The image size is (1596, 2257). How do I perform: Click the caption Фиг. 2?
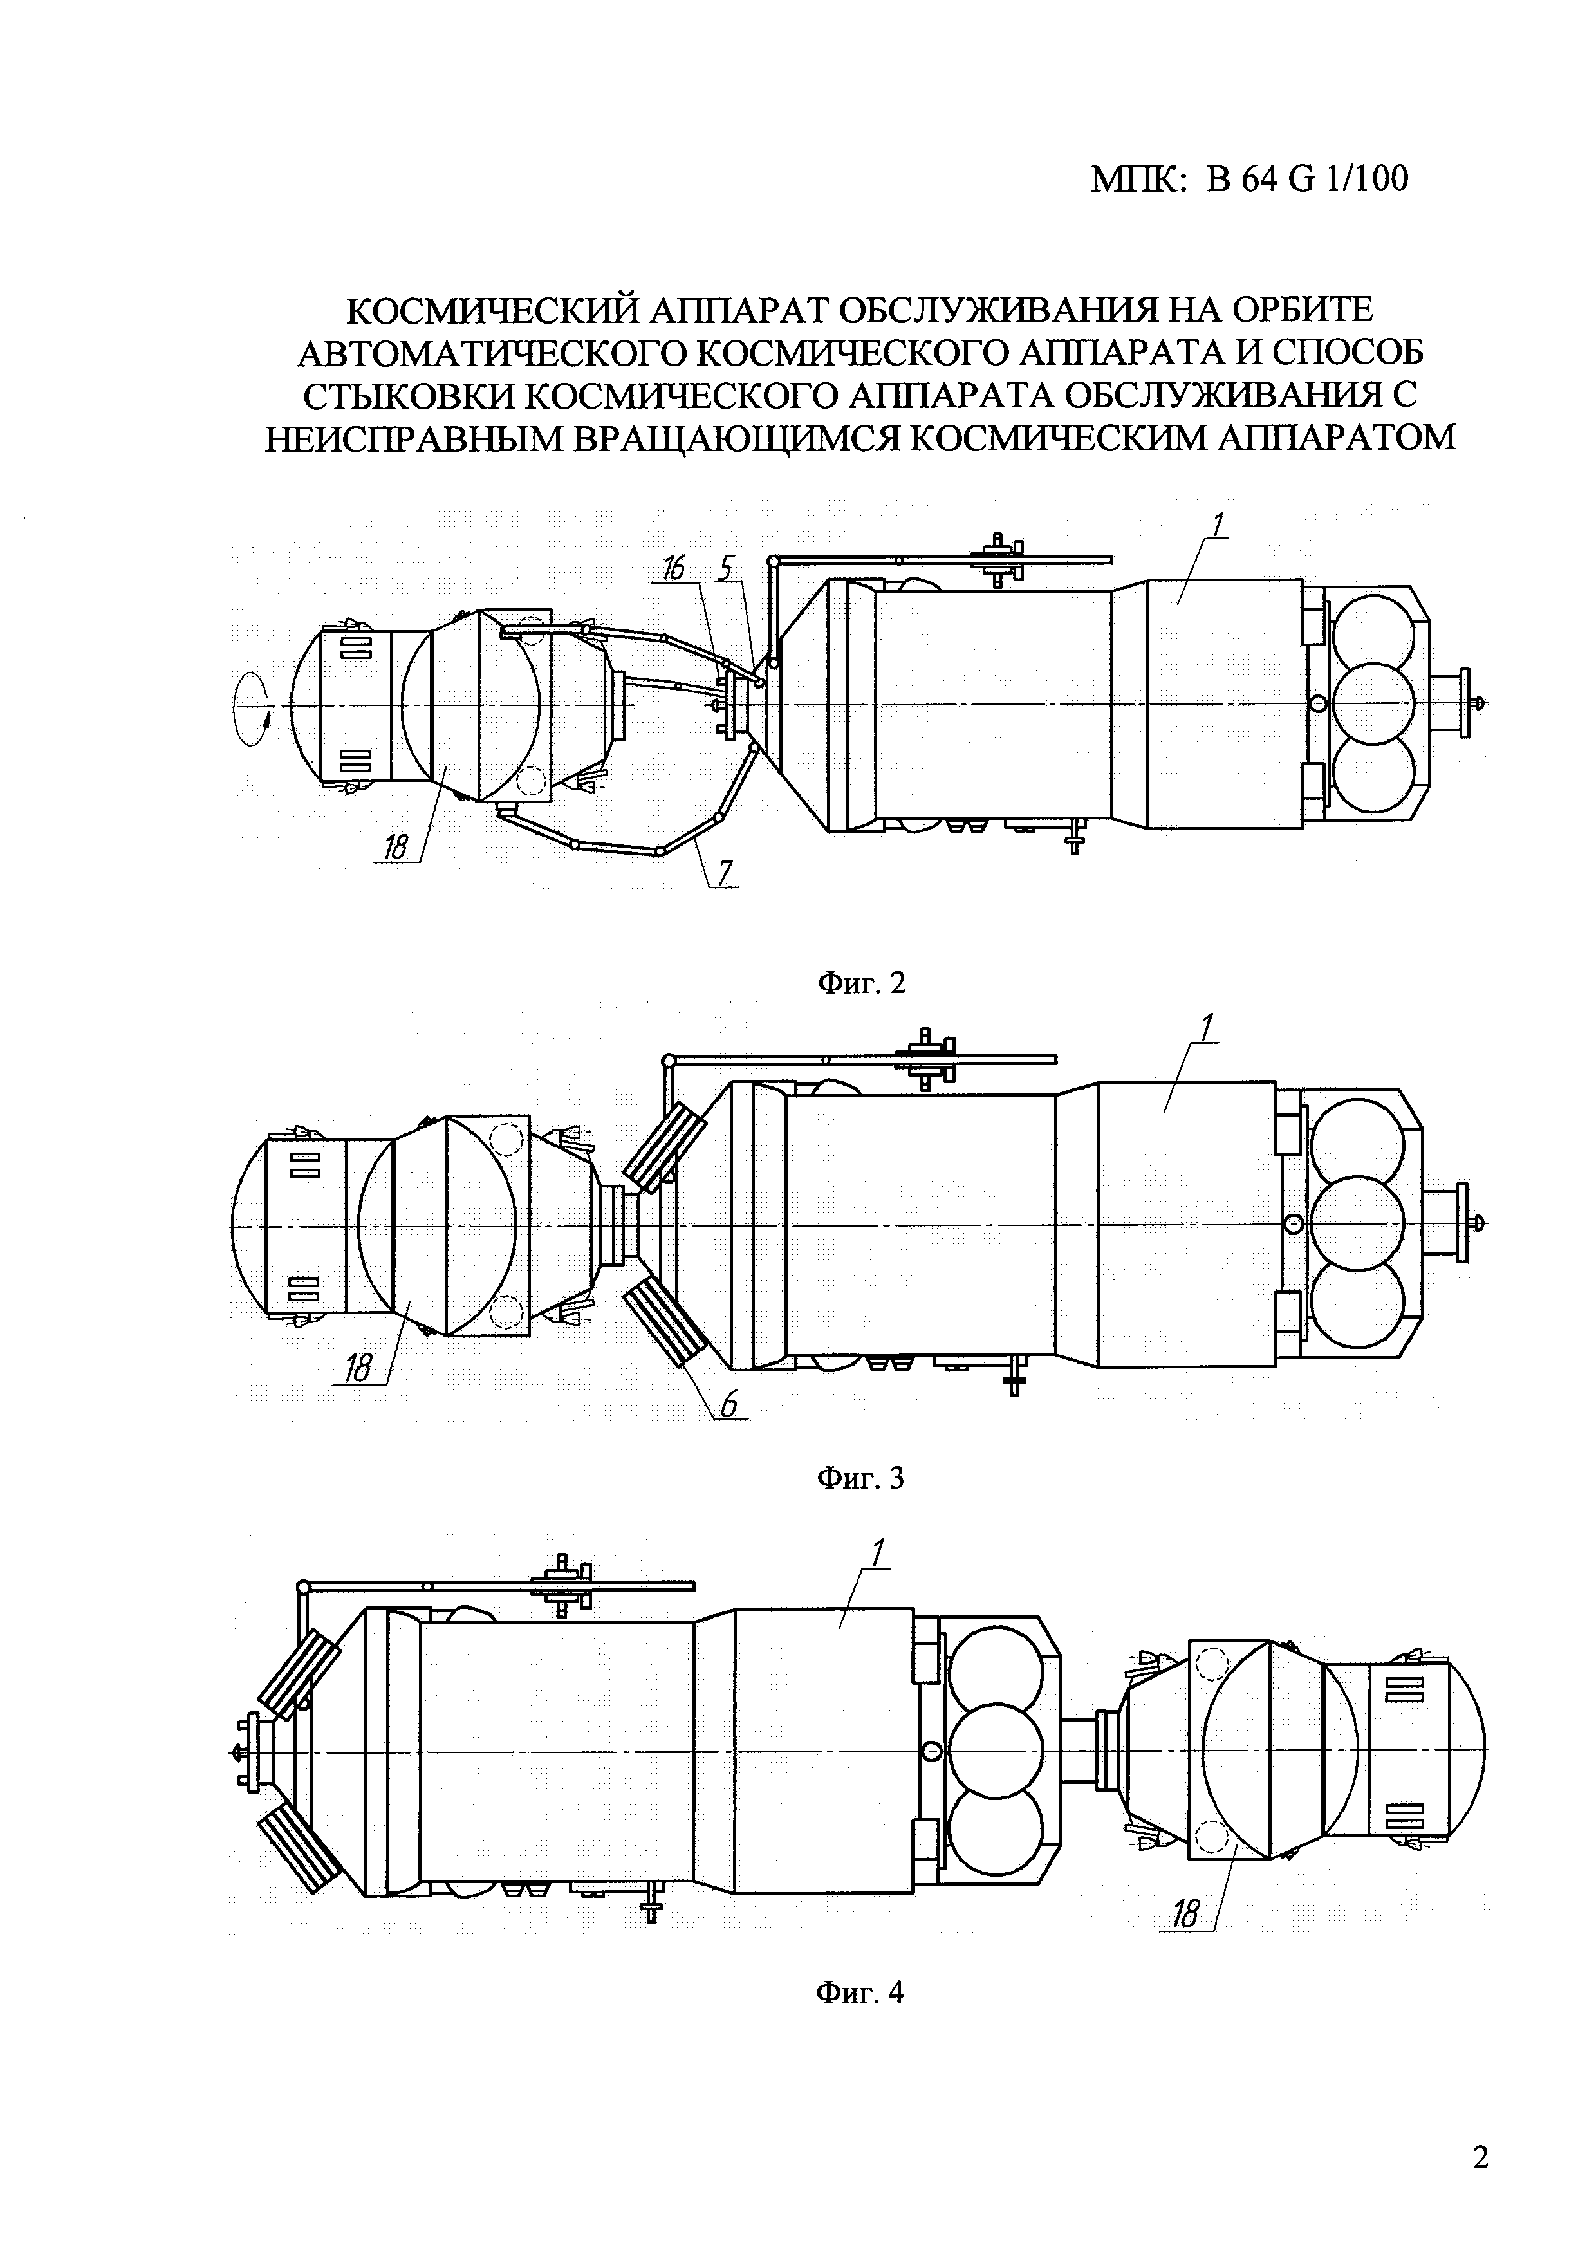coord(861,982)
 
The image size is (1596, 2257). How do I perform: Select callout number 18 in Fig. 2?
coord(395,846)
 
